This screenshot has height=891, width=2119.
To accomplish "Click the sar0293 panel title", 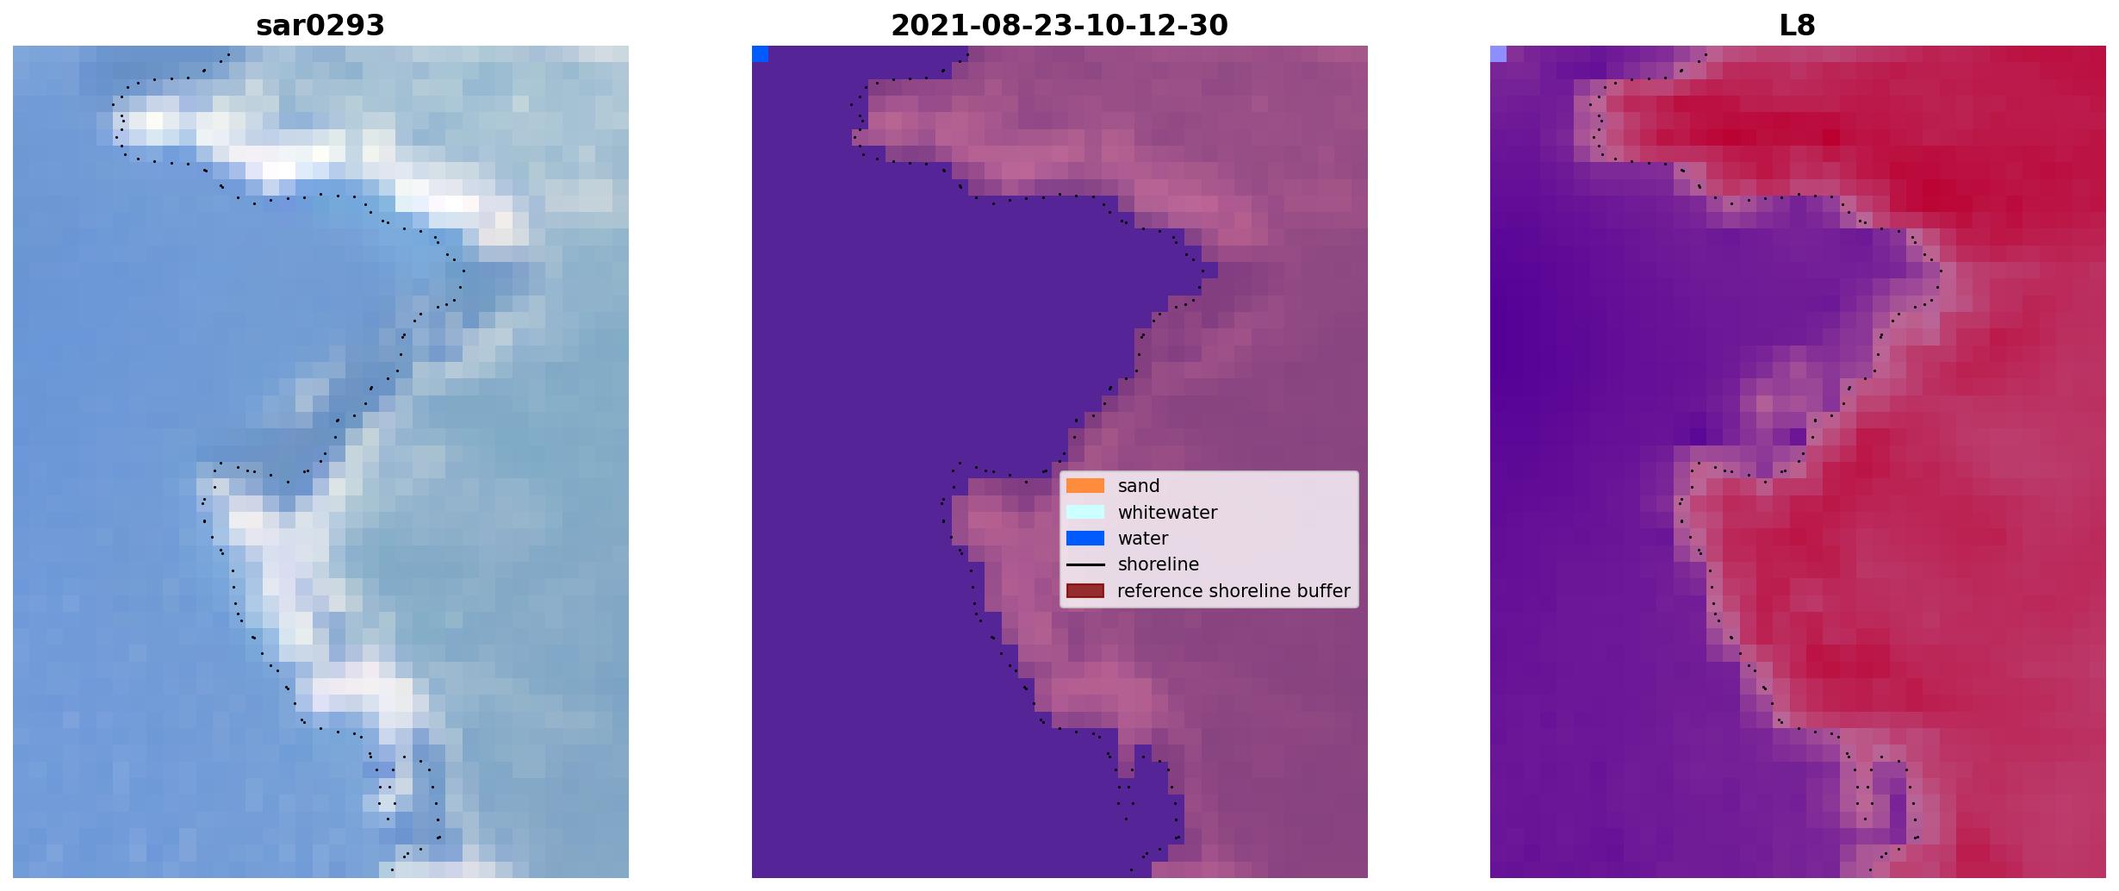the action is pos(320,26).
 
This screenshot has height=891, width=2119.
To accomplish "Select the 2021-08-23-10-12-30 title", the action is pos(1059,26).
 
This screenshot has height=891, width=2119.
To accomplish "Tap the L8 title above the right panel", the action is pos(1798,26).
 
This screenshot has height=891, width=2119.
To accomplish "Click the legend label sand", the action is pos(1139,486).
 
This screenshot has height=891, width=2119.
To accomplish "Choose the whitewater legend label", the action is pos(1167,513).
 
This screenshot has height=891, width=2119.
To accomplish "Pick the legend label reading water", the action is pos(1143,539).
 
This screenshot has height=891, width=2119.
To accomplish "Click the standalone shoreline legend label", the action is pos(1159,564).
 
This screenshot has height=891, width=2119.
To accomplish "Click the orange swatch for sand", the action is pos(1085,486).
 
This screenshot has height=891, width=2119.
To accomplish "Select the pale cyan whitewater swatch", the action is pos(1085,512).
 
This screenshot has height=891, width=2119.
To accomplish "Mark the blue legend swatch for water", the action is pos(1085,539).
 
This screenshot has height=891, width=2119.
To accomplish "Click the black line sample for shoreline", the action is pos(1085,564).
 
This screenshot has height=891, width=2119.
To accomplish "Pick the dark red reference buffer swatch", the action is pos(1085,591).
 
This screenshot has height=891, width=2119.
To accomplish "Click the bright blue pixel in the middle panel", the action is pos(760,54).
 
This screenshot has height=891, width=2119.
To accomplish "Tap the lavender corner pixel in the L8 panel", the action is pos(1498,54).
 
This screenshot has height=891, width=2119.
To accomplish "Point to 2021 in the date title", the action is pos(921,26).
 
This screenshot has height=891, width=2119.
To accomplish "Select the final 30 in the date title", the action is pos(1213,26).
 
